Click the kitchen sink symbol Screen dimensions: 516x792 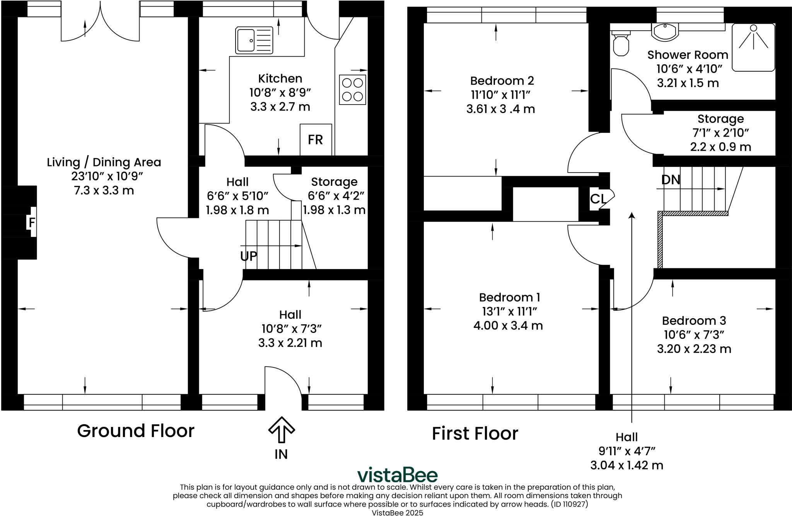tap(254, 40)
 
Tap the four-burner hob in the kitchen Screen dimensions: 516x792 tap(352, 89)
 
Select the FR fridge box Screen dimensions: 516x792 tap(316, 140)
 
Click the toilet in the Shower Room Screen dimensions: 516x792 tap(621, 44)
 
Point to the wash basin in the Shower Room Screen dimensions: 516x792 tap(665, 31)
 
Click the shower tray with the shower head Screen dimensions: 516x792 tap(753, 47)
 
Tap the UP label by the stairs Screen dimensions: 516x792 tap(248, 256)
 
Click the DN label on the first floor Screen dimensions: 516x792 tap(671, 180)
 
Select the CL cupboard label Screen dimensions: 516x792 tap(598, 199)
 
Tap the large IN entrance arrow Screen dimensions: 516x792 tap(282, 430)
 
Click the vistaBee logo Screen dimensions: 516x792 tap(397, 475)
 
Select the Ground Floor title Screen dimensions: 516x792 tap(135, 431)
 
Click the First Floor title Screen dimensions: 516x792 tap(475, 434)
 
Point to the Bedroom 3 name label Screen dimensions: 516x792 tap(694, 321)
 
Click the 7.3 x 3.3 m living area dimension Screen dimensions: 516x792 tap(104, 190)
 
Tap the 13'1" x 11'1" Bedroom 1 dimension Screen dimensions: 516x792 tap(509, 311)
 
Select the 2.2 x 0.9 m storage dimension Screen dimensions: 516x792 tap(720, 147)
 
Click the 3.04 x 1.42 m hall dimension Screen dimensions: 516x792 tap(626, 465)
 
